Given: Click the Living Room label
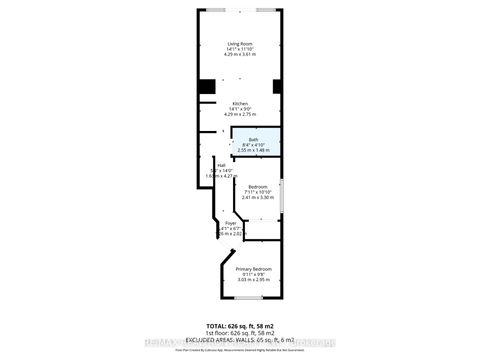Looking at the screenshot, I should pos(240,44).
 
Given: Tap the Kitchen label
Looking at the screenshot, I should pos(240,104).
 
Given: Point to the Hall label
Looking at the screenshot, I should pos(208,166).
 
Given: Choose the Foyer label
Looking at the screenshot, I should pos(231,223).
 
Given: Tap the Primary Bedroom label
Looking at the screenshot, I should pos(253,270).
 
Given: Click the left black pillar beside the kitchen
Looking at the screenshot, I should pos(204,87).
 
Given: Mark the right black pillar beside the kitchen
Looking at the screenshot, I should pos(277,87).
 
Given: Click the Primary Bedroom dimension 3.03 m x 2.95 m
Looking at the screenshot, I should pos(253,280).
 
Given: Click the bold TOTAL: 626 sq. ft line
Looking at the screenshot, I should pos(240,327).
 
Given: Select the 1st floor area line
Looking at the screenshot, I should pos(240,334).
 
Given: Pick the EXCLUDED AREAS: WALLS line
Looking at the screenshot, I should pos(240,341).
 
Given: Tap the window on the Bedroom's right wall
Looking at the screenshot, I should pos(282,194).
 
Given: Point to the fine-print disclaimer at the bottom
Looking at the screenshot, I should pos(240,350).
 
